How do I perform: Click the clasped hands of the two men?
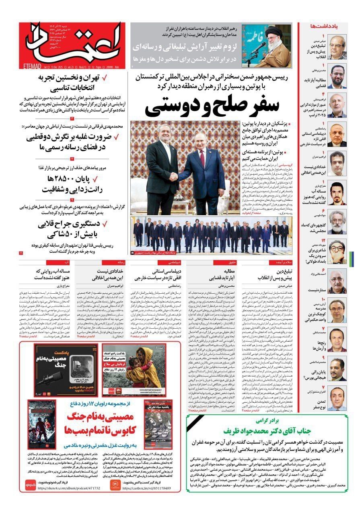[x=174, y=176]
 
